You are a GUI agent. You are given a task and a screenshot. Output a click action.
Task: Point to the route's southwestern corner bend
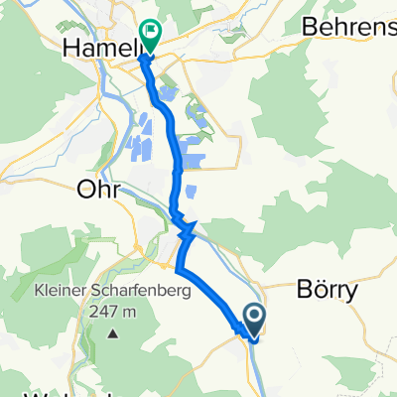pos(178,268)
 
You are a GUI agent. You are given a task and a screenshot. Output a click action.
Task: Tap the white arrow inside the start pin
pos(254,318)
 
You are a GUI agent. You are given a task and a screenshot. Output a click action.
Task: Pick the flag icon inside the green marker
pos(152,33)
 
